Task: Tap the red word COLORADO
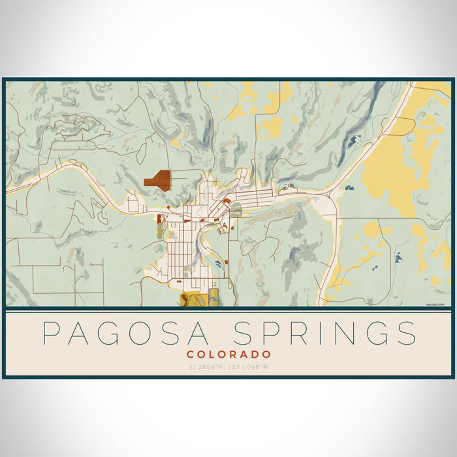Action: click(x=228, y=355)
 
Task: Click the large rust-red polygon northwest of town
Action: click(x=158, y=180)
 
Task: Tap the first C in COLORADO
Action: click(x=189, y=355)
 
